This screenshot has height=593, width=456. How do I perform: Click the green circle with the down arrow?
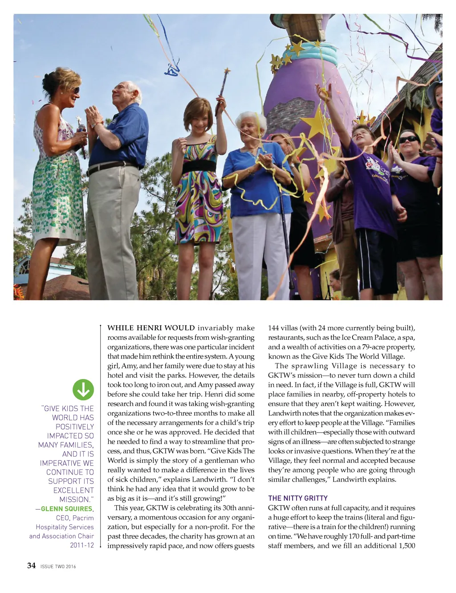(x=83, y=390)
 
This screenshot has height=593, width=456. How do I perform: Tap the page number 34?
(x=31, y=566)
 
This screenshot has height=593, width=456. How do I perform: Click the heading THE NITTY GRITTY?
(x=297, y=498)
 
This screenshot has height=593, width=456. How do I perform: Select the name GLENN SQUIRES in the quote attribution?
(x=66, y=509)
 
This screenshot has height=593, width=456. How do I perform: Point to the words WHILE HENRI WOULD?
(x=151, y=328)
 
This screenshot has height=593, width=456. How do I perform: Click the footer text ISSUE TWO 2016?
(x=58, y=567)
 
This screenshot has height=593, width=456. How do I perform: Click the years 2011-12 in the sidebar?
(x=82, y=545)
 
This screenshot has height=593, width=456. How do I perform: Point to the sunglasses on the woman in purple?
(x=408, y=140)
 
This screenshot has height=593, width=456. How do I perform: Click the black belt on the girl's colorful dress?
(x=199, y=167)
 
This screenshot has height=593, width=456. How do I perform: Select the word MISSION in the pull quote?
(x=75, y=499)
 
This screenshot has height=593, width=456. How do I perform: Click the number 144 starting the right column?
(x=274, y=328)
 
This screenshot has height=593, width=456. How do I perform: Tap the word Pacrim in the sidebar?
(x=83, y=518)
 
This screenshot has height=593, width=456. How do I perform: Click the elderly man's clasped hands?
(x=94, y=117)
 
